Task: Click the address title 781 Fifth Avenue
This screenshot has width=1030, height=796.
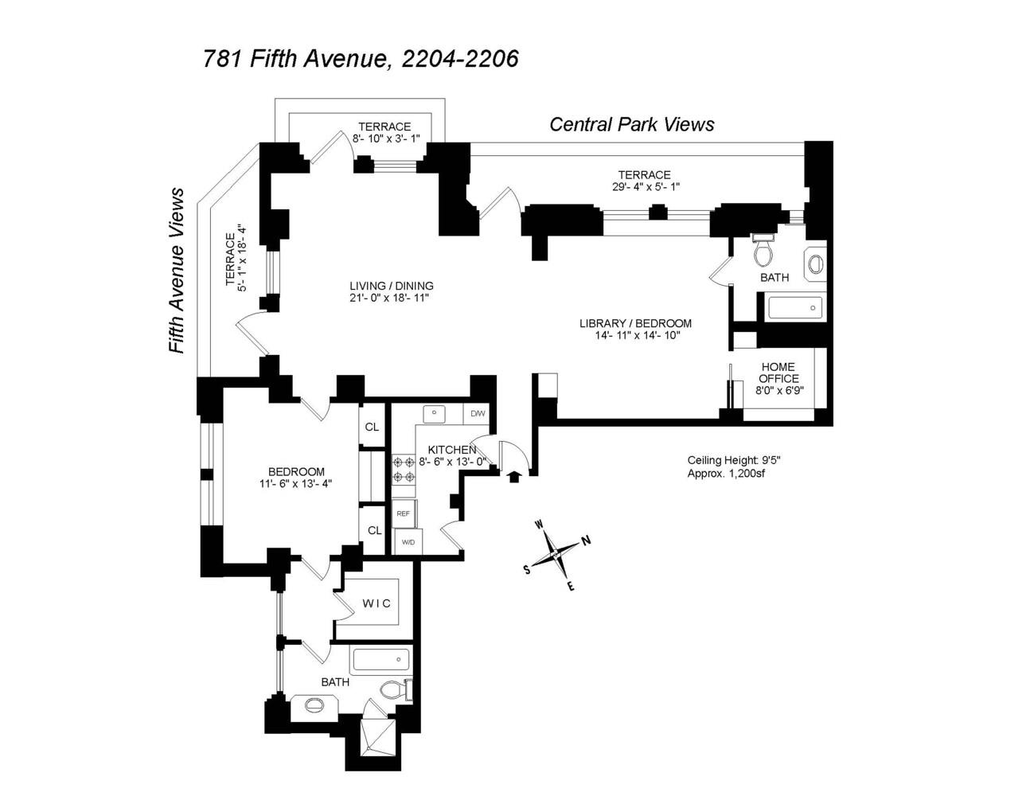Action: pos(361,59)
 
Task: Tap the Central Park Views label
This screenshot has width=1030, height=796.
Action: pos(632,124)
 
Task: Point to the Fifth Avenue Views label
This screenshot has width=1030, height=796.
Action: pos(176,271)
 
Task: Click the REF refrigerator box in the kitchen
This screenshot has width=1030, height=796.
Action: pos(404,513)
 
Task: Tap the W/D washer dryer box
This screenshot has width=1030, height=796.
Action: pos(408,542)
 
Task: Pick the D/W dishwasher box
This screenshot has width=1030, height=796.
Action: pos(478,414)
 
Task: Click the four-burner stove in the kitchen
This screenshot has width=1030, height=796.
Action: pos(404,469)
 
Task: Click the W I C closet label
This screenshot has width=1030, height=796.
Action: pos(376,603)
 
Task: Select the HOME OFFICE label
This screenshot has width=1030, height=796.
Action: pos(778,373)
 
